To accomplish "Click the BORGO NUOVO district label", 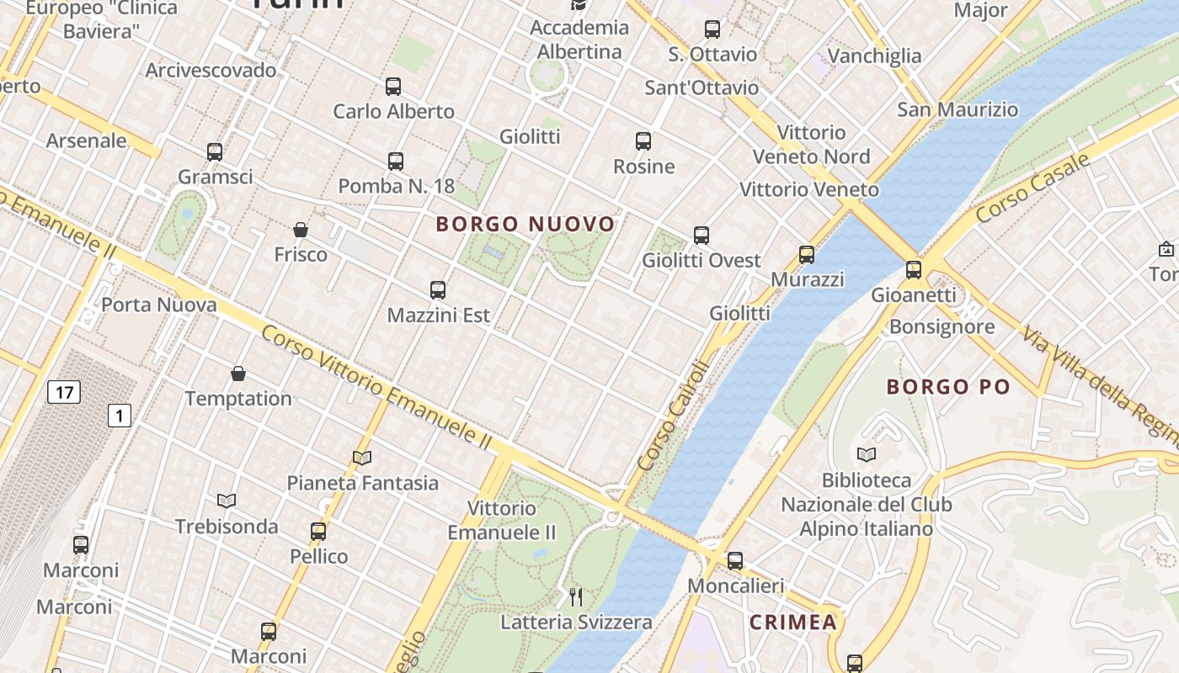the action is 525,225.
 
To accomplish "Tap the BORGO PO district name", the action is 947,387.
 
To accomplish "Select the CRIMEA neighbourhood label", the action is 793,623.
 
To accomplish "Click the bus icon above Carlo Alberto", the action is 393,87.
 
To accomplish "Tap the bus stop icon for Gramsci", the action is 215,152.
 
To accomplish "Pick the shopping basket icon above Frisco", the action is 301,230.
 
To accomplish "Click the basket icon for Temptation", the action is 238,374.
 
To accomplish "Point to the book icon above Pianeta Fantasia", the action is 362,458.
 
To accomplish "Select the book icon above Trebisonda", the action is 227,501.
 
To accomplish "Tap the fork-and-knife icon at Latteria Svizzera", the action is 576,597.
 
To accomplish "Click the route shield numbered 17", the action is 63,391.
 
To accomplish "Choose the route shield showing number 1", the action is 120,415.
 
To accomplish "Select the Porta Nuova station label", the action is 159,305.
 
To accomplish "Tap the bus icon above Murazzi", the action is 807,255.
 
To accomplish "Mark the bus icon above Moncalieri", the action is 735,561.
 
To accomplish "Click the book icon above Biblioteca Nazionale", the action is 867,455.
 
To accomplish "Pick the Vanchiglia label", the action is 874,56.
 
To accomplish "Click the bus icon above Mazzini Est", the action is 438,290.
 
